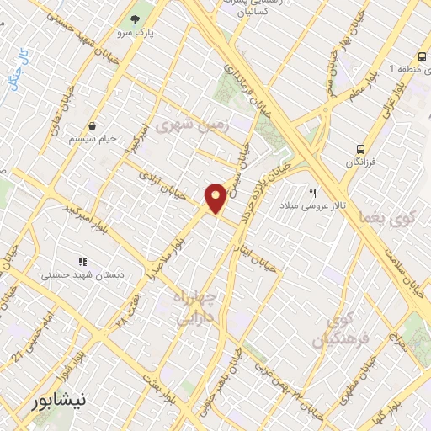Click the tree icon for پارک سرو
click(134, 19)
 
